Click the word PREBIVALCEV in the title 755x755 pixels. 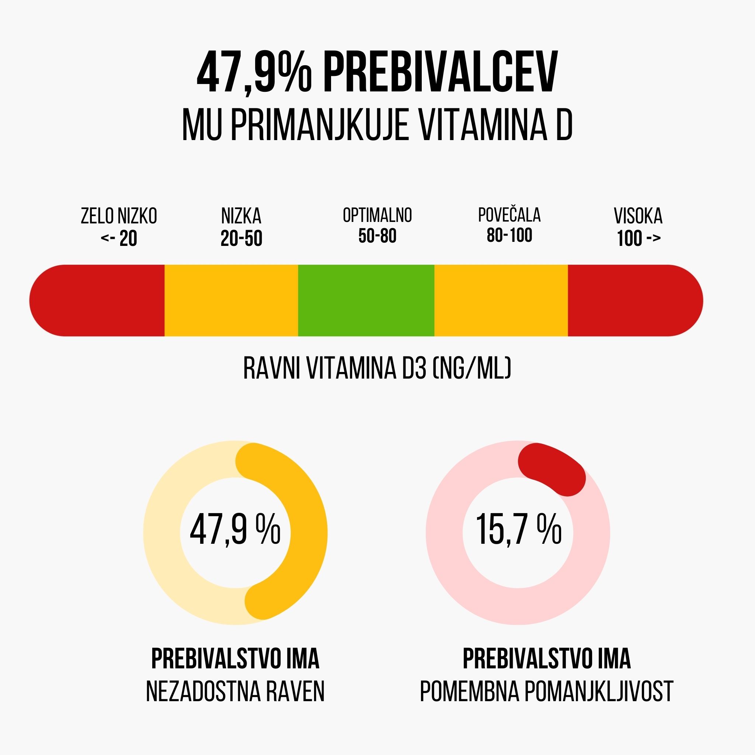440,73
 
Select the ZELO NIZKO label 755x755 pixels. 119,216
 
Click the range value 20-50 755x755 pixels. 241,239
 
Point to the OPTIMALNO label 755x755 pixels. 377,215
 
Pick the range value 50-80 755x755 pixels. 377,236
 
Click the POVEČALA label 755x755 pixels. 509,215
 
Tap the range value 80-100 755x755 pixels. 509,236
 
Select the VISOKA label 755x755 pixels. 638,216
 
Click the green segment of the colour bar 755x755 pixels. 366,300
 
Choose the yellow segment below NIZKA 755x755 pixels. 232,300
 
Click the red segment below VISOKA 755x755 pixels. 633,300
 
